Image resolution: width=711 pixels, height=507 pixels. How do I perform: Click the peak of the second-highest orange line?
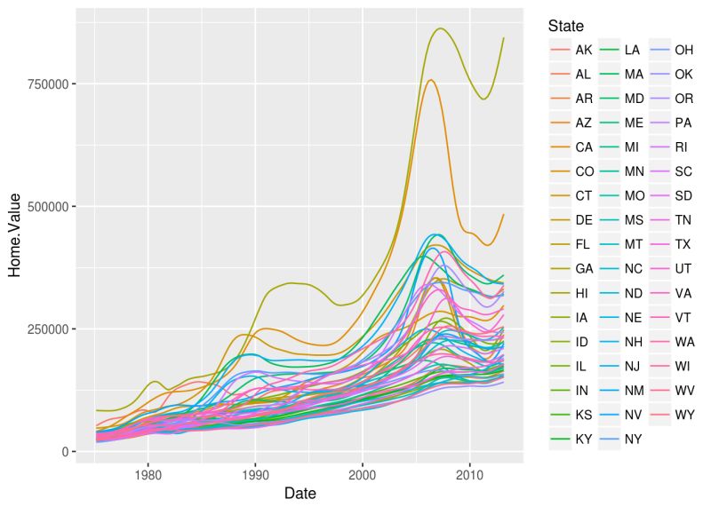coord(431,80)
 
